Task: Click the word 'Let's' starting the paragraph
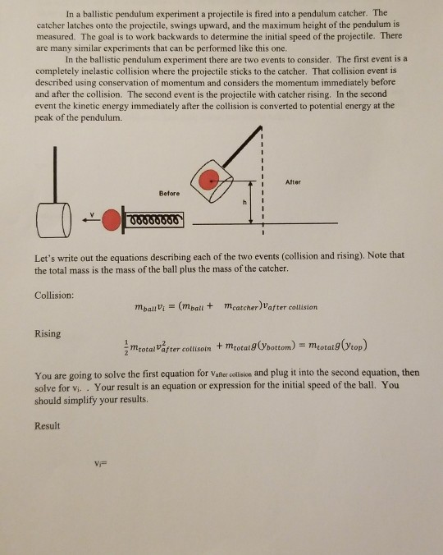pyautogui.click(x=47, y=255)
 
